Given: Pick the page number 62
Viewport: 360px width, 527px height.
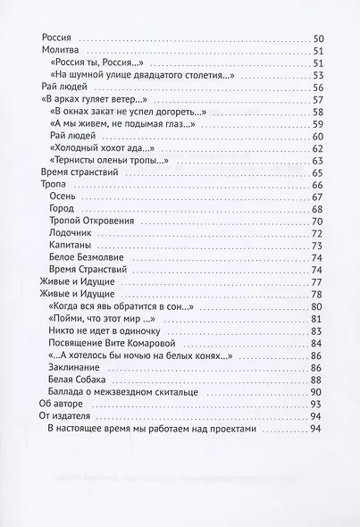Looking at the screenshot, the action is (x=317, y=146).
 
